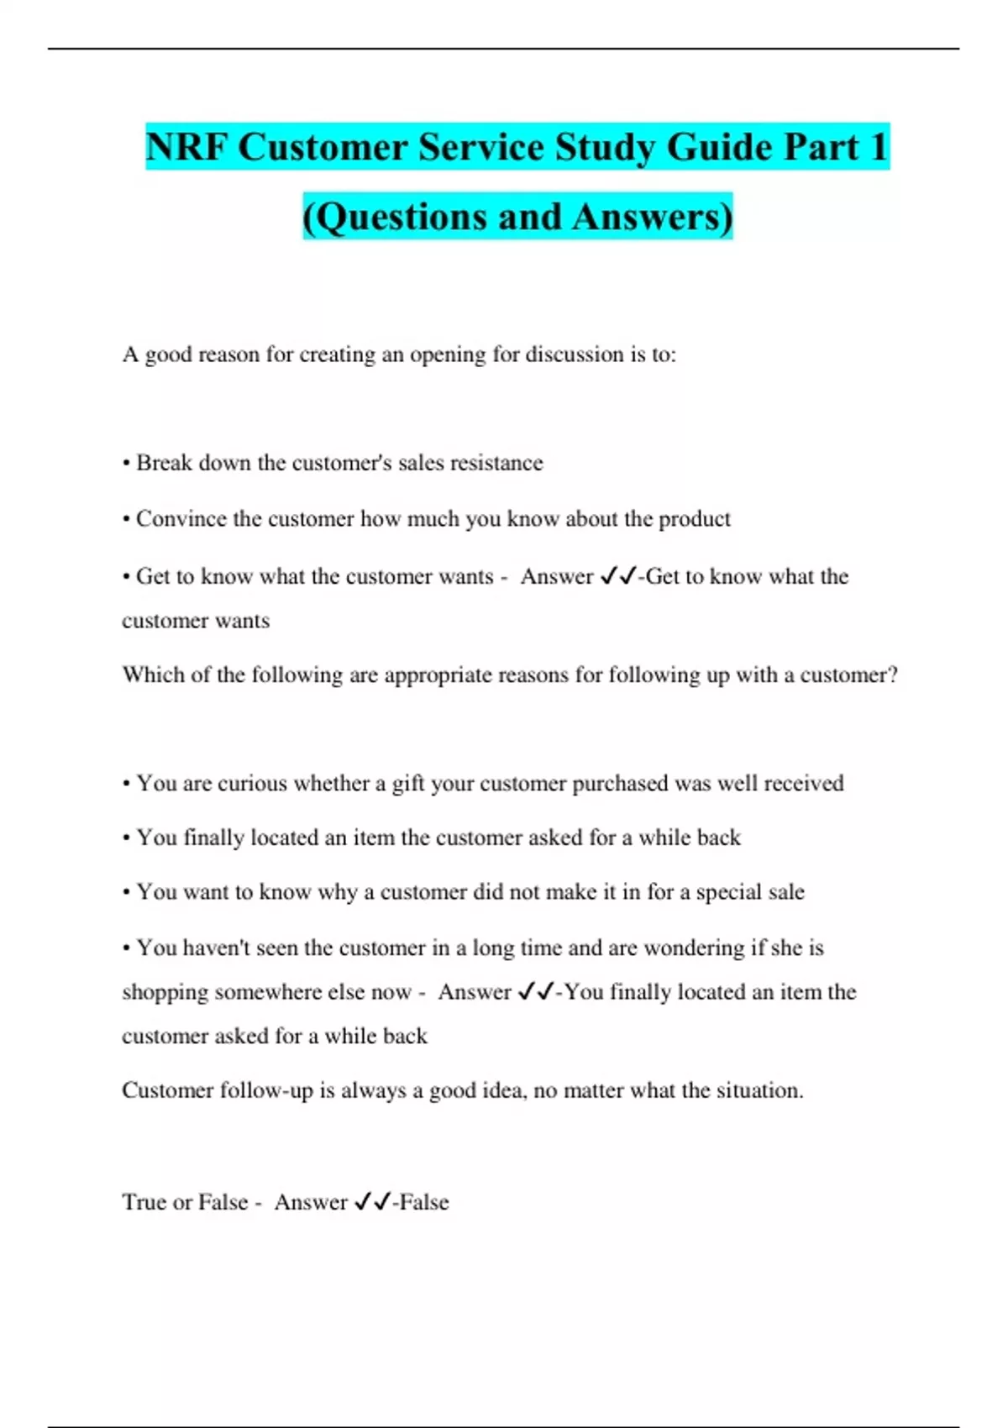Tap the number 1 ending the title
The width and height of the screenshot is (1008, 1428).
[x=879, y=147]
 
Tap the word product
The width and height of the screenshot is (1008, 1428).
[x=695, y=519]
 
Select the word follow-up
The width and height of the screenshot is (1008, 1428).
[x=266, y=1090]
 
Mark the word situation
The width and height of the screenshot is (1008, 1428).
[x=759, y=1090]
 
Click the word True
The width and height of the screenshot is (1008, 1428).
[x=144, y=1202]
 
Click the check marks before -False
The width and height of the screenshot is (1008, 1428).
[x=372, y=1202]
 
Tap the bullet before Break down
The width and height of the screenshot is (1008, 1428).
[x=126, y=464]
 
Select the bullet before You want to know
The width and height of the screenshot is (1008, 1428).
[x=126, y=893]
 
